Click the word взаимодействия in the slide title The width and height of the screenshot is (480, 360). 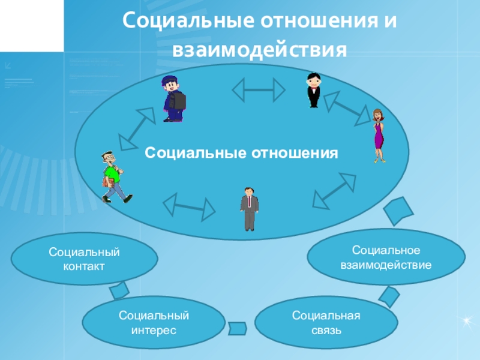260,50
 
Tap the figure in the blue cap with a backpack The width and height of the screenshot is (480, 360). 173,98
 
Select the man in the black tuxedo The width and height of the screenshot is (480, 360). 313,90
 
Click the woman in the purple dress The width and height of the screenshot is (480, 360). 377,135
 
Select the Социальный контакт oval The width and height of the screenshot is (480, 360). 84,259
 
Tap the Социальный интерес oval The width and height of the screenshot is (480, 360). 154,322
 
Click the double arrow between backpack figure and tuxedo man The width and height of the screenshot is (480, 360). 259,90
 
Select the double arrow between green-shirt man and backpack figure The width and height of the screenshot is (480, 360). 137,128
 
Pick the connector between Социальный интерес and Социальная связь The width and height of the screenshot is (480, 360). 238,328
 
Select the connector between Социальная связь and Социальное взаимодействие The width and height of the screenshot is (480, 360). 389,295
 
